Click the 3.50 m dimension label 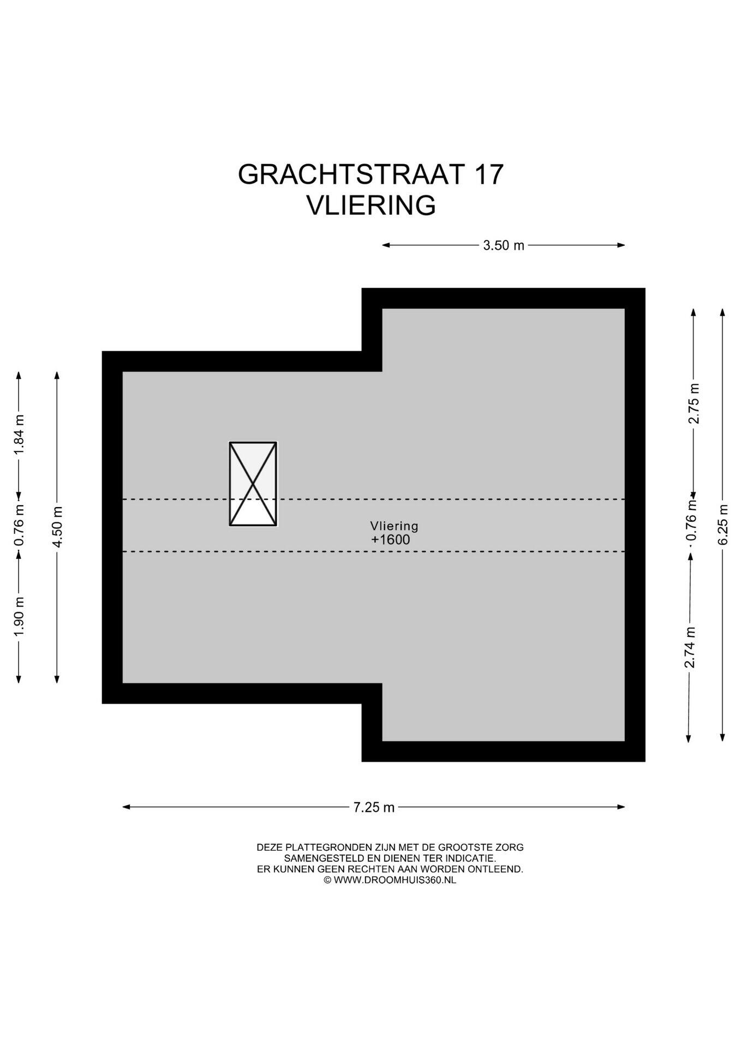[503, 245]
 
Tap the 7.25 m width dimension [374, 807]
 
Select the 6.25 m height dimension [723, 524]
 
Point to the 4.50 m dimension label [57, 527]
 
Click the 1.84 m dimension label [19, 435]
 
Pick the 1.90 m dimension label [19, 616]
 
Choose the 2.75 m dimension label [694, 404]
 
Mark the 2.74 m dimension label [690, 647]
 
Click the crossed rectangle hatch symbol [253, 484]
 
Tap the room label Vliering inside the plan [394, 526]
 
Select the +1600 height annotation [390, 540]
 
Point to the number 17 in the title [488, 174]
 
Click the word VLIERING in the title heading [371, 206]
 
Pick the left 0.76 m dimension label [19, 525]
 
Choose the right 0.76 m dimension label [692, 527]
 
